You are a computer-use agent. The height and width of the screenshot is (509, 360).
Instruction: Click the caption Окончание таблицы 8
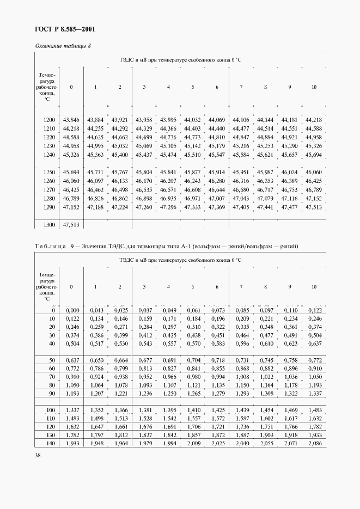(x=63, y=46)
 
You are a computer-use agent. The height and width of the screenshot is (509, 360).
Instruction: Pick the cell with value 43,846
(x=71, y=120)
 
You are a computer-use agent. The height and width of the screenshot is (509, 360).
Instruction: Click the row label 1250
(x=49, y=172)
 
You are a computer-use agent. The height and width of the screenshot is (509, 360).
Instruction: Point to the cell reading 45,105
(x=168, y=146)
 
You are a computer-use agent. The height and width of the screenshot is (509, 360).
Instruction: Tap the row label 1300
(x=49, y=224)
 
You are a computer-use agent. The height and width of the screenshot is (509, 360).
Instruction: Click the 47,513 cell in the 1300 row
(x=71, y=224)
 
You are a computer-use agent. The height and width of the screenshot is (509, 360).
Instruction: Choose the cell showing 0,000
(x=71, y=310)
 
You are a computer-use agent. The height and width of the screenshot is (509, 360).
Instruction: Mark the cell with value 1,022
(x=265, y=376)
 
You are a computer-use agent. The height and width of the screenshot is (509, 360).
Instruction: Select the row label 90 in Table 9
(x=52, y=393)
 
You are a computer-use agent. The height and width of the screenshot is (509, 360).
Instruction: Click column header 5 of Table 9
(x=192, y=286)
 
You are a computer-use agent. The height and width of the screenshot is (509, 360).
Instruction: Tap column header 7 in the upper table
(x=241, y=87)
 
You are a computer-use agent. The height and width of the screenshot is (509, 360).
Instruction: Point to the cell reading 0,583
(x=217, y=344)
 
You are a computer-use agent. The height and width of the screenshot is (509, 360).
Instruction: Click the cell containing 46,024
(x=289, y=172)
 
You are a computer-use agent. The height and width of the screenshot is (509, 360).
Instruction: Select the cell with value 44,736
(x=168, y=137)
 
